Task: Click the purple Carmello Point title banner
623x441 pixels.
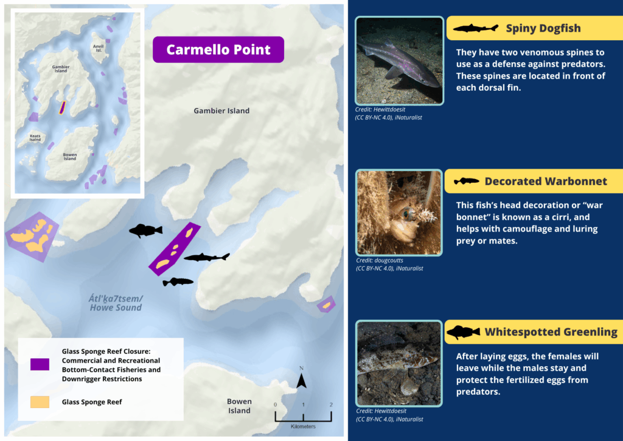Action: coord(218,49)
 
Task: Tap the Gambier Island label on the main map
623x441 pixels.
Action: coord(221,111)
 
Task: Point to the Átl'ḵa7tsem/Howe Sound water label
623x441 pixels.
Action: coord(116,303)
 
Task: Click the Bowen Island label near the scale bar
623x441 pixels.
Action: coord(239,406)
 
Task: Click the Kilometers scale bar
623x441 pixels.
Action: coord(303,417)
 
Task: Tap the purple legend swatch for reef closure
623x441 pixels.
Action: coord(40,364)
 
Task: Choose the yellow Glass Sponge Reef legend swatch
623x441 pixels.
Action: coord(40,402)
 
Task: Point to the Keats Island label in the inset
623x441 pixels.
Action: coord(35,138)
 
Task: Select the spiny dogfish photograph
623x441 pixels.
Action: coord(399,60)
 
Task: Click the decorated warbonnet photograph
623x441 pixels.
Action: coord(399,213)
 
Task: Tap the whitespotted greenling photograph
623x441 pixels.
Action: coord(399,364)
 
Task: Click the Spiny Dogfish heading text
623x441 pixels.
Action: coord(543,28)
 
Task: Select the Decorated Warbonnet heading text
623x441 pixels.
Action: coord(546,181)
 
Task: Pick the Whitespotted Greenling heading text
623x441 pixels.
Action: coord(551,332)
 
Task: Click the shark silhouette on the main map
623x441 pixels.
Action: coord(207,257)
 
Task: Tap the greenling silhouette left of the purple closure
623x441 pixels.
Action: coord(145,230)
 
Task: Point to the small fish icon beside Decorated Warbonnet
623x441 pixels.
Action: coord(467,182)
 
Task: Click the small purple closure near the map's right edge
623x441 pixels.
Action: coord(326,305)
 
